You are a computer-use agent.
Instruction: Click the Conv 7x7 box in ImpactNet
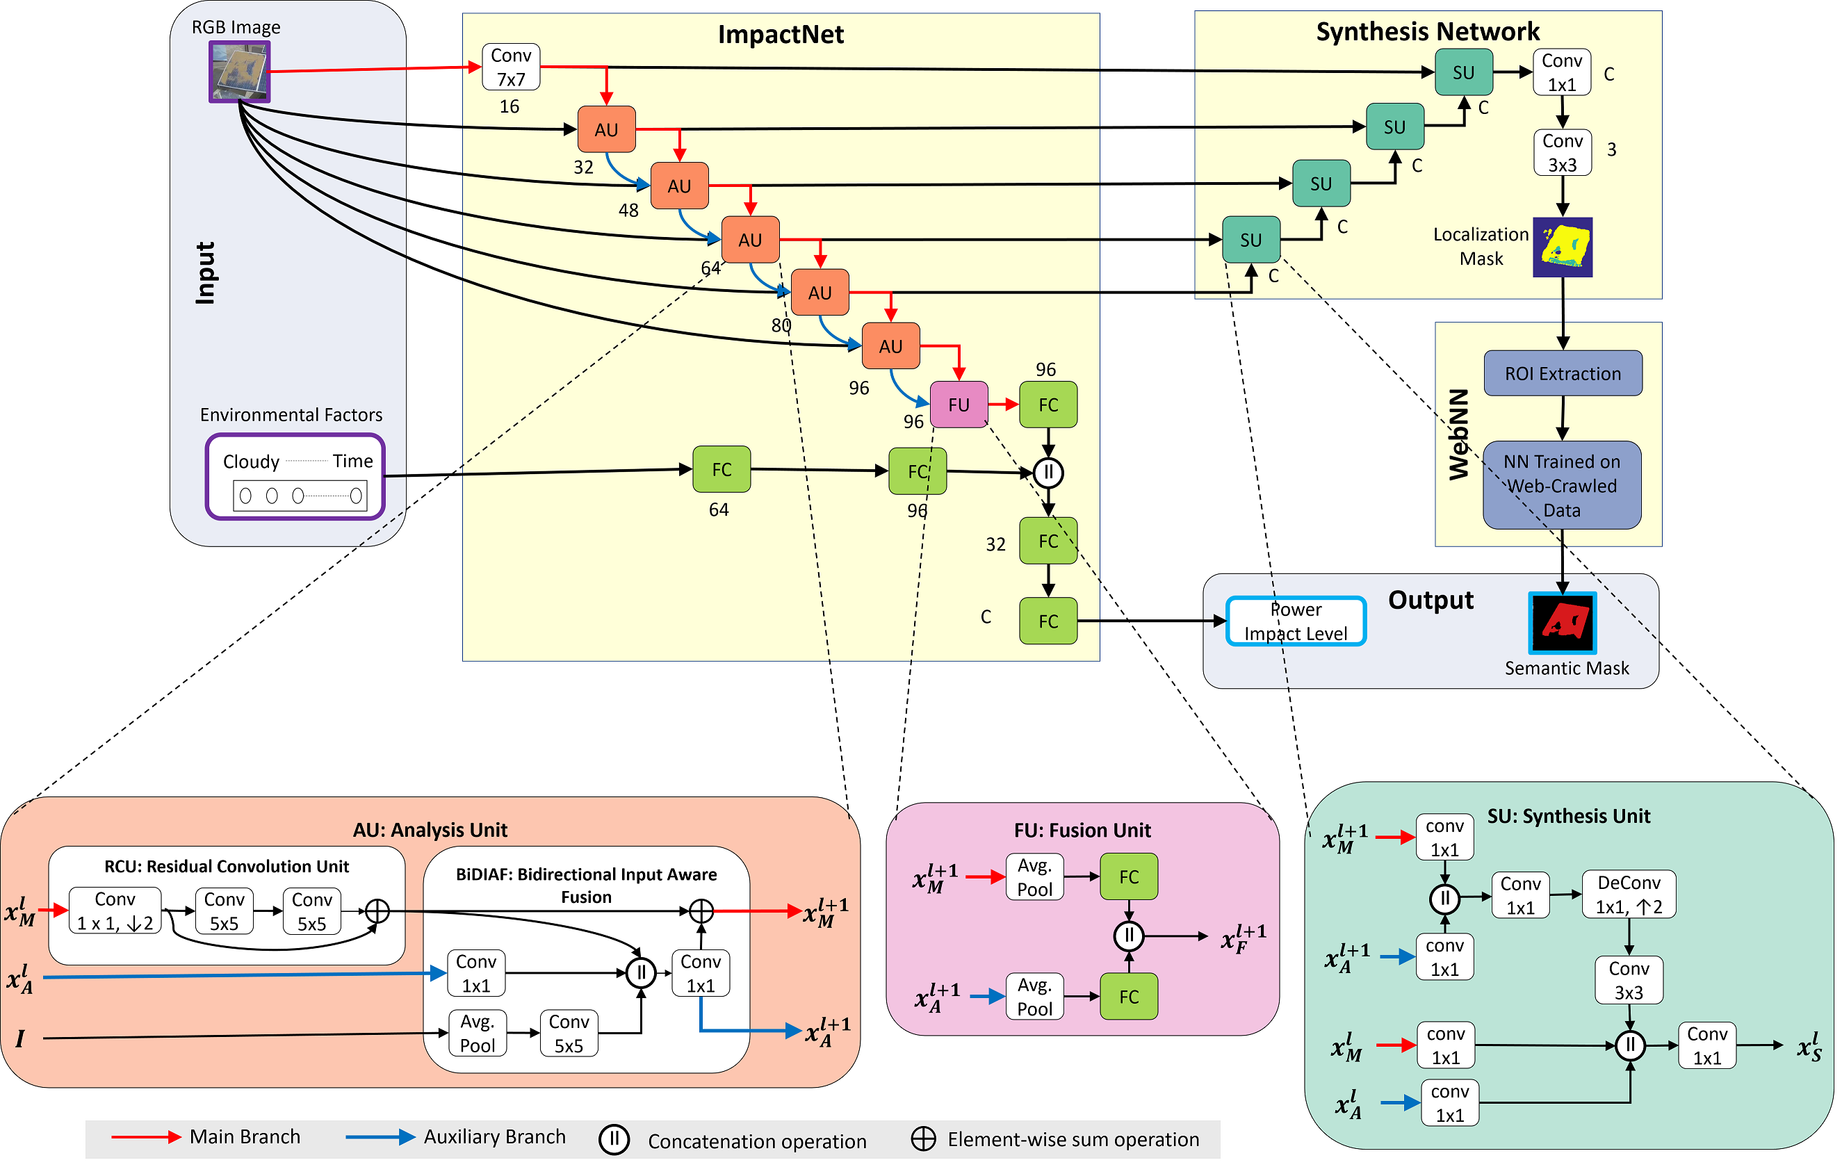pyautogui.click(x=511, y=67)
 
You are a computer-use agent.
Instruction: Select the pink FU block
pyautogui.click(x=959, y=405)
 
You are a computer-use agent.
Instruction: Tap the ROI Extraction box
pyautogui.click(x=1562, y=373)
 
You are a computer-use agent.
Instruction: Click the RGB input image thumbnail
pyautogui.click(x=239, y=71)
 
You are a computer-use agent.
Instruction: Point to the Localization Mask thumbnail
pyautogui.click(x=1562, y=247)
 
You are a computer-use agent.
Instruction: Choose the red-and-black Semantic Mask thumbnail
pyautogui.click(x=1562, y=623)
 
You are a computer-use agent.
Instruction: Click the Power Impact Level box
pyautogui.click(x=1296, y=621)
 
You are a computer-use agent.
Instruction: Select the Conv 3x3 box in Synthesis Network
pyautogui.click(x=1562, y=153)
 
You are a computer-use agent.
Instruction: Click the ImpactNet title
pyautogui.click(x=781, y=35)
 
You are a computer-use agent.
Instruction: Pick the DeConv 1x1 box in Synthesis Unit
pyautogui.click(x=1629, y=895)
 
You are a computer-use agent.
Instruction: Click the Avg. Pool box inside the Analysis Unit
pyautogui.click(x=478, y=1033)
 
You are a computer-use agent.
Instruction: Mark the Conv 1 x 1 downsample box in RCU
pyautogui.click(x=115, y=911)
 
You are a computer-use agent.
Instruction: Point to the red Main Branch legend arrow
pyautogui.click(x=145, y=1137)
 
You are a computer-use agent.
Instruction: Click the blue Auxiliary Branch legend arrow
pyautogui.click(x=380, y=1137)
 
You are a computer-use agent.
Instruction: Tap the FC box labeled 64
pyautogui.click(x=722, y=470)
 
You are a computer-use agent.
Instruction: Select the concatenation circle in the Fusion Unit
pyautogui.click(x=1128, y=936)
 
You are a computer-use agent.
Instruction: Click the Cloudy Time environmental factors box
pyautogui.click(x=295, y=476)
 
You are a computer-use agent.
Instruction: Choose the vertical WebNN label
pyautogui.click(x=1459, y=434)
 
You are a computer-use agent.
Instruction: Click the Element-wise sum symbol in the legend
pyautogui.click(x=923, y=1139)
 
